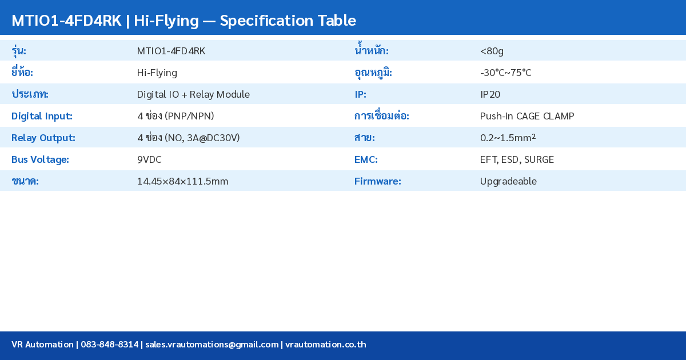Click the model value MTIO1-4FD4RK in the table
171,51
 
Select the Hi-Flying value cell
157,73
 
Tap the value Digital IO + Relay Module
193,94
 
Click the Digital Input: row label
42,116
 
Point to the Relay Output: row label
43,138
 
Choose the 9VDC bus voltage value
149,159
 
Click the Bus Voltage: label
40,159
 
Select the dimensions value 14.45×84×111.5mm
182,181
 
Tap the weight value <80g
492,51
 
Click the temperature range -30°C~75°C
505,73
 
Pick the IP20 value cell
490,94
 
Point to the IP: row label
360,94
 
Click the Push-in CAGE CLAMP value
527,116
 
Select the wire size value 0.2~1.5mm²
508,138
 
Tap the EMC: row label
366,159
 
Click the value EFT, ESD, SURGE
517,159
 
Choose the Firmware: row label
377,181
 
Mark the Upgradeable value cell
508,181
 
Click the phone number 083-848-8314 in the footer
109,345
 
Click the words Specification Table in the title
288,21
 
